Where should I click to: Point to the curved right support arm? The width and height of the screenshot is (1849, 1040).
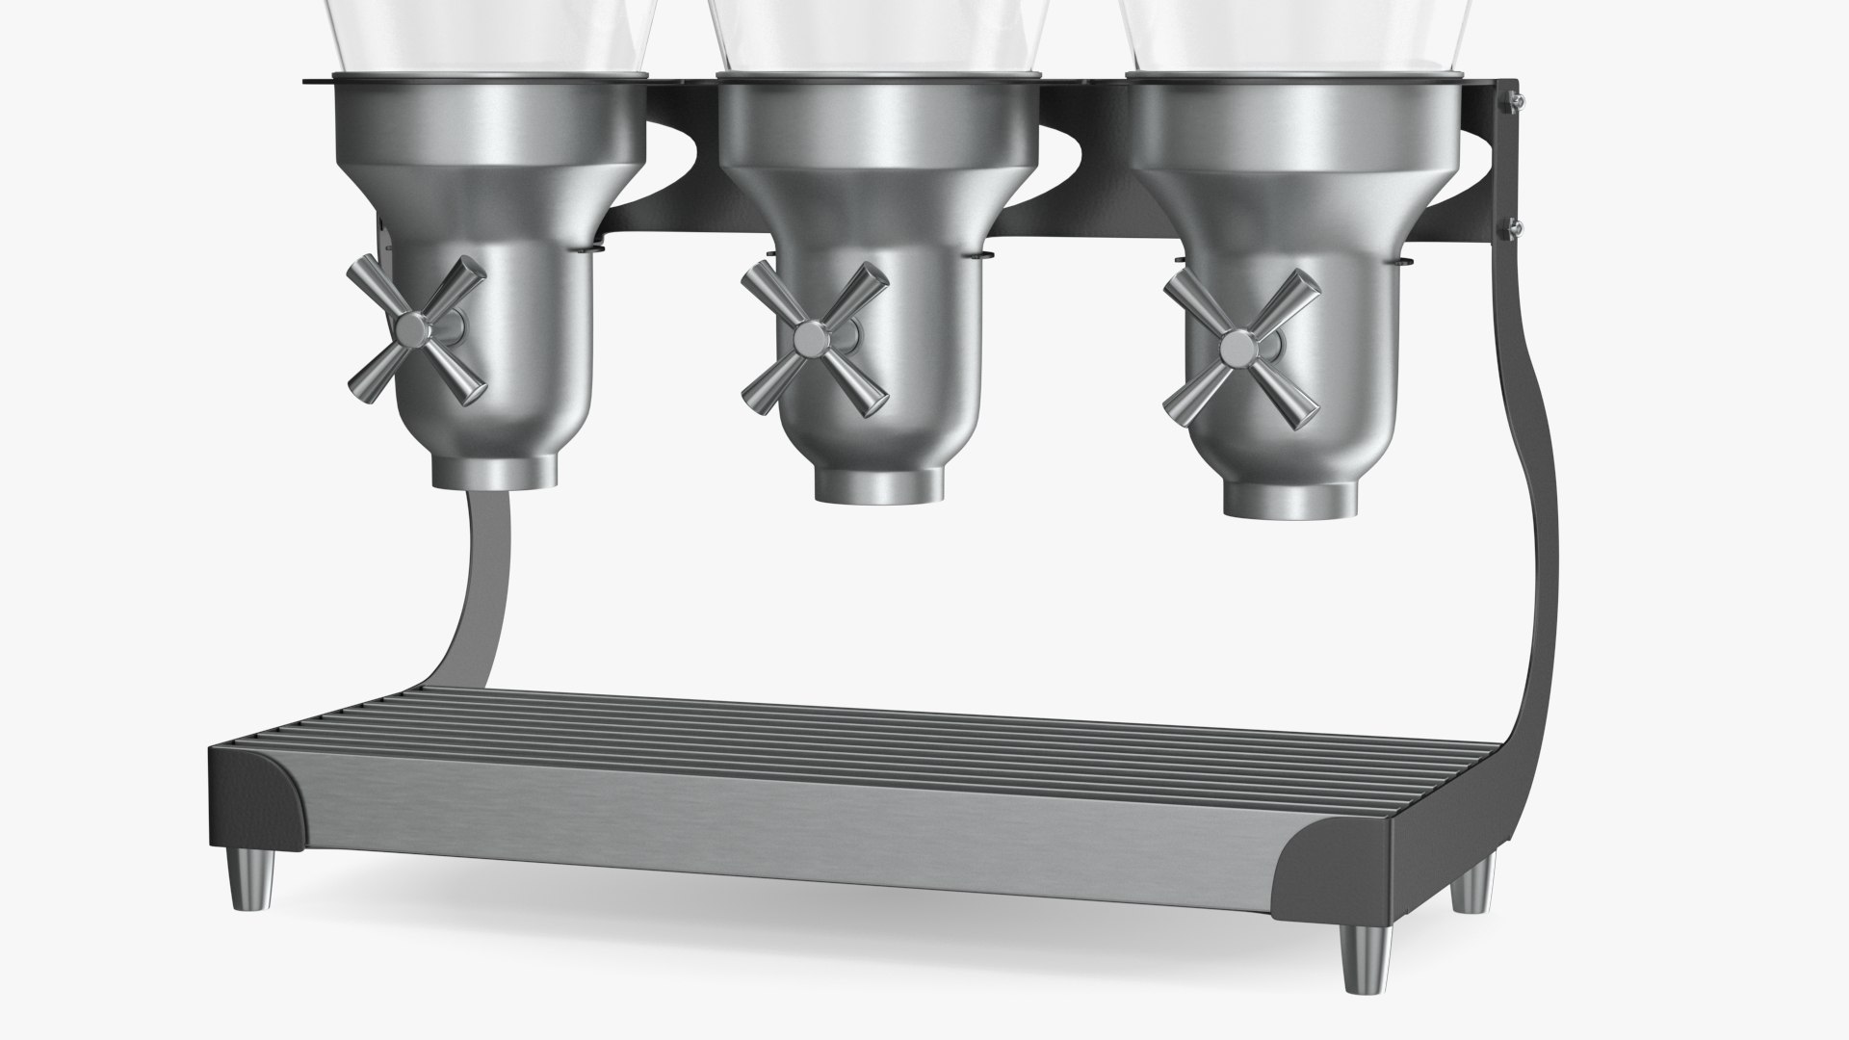point(1531,539)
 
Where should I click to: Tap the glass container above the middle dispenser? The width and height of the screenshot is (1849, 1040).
point(876,34)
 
